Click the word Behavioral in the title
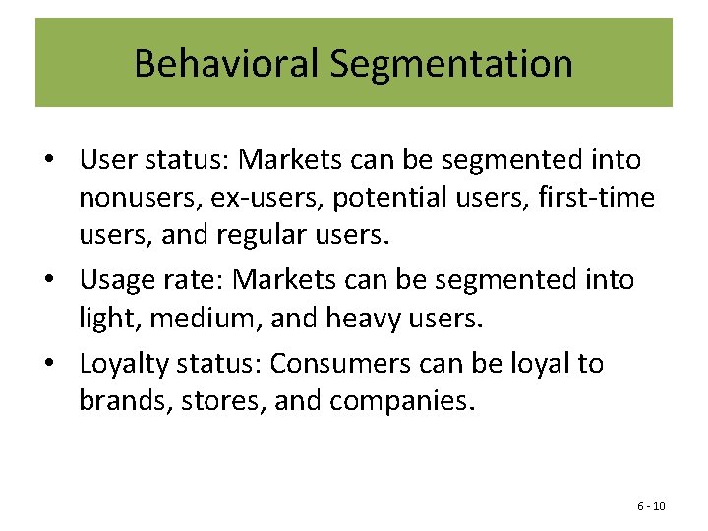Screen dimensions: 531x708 tap(226, 64)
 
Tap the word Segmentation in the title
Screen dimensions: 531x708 tap(451, 64)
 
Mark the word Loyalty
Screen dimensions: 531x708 tap(121, 364)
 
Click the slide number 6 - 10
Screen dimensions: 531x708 tap(651, 506)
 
